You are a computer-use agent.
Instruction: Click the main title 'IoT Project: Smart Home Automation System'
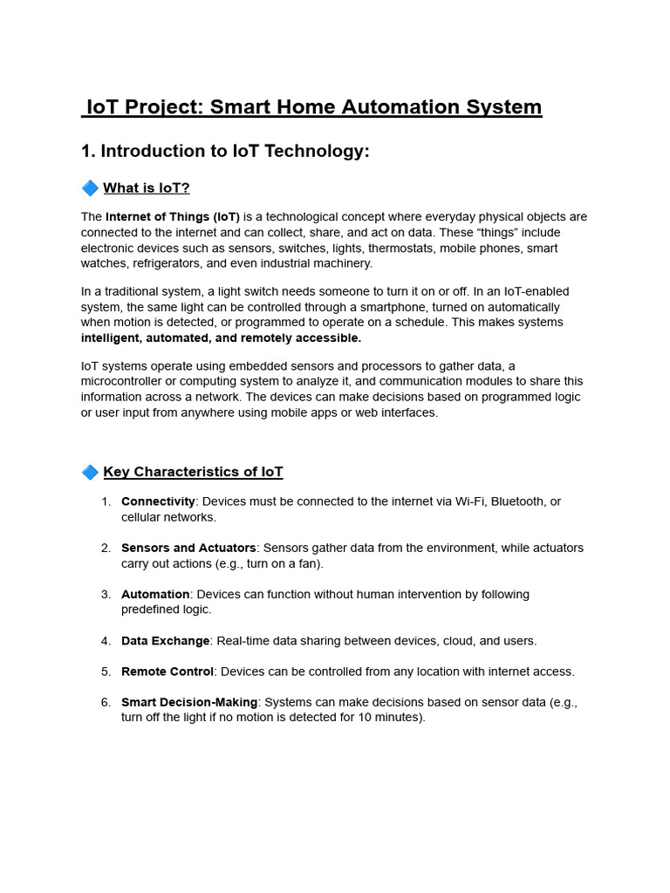(x=313, y=107)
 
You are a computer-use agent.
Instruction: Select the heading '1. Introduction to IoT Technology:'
(x=225, y=151)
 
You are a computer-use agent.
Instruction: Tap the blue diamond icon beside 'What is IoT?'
(x=90, y=187)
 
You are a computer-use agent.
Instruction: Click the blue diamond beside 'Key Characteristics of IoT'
(x=90, y=472)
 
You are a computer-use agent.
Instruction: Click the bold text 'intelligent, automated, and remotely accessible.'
(x=221, y=337)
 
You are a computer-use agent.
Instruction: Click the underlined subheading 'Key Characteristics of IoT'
(x=193, y=472)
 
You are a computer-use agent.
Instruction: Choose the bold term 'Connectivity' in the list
(x=158, y=501)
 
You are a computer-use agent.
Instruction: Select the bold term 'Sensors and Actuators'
(x=188, y=548)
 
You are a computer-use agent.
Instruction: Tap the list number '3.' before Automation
(x=106, y=595)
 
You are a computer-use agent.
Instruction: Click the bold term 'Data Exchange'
(x=165, y=641)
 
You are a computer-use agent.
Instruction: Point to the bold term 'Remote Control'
(x=167, y=671)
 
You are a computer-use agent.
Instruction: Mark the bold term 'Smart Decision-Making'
(x=189, y=702)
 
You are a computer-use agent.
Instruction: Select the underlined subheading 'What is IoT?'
(x=147, y=187)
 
